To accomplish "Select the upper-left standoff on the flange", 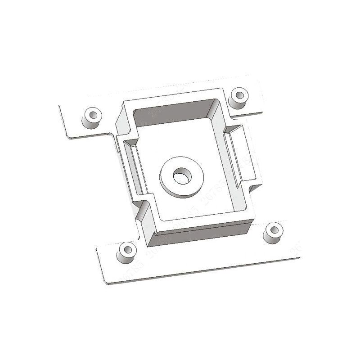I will point(91,117).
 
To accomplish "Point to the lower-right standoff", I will point(273,233).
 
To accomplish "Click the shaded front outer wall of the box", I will point(200,234).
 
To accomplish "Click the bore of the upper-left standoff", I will point(93,113).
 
